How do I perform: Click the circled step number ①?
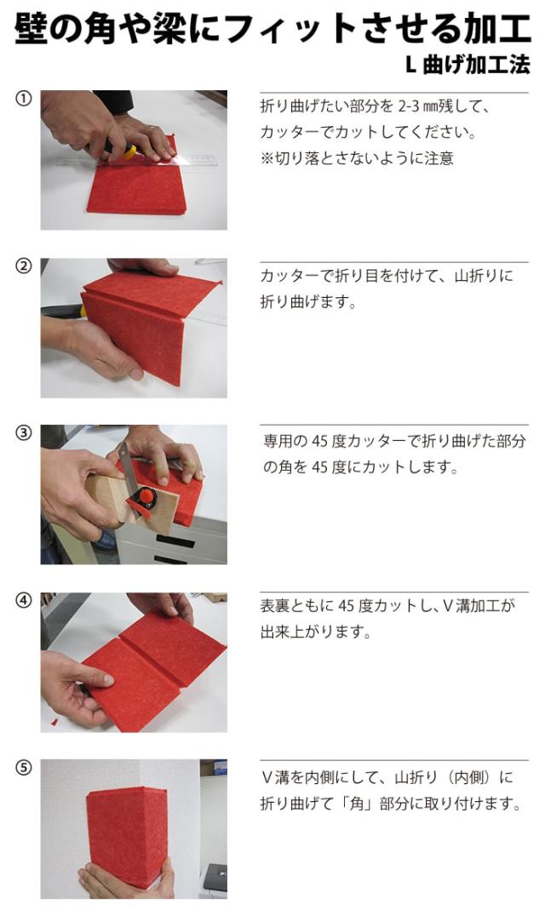(x=23, y=99)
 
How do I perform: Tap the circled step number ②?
(x=23, y=266)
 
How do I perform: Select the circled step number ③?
(x=23, y=433)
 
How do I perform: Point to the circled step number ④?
(x=23, y=600)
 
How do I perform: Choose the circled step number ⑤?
(x=23, y=767)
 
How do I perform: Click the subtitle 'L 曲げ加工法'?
(x=468, y=65)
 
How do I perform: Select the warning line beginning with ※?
(x=356, y=157)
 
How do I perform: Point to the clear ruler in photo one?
(x=140, y=160)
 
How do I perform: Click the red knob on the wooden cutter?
(x=147, y=496)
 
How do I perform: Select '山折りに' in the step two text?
(x=484, y=276)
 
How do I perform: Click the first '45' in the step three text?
(x=320, y=442)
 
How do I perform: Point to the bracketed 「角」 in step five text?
(x=356, y=804)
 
